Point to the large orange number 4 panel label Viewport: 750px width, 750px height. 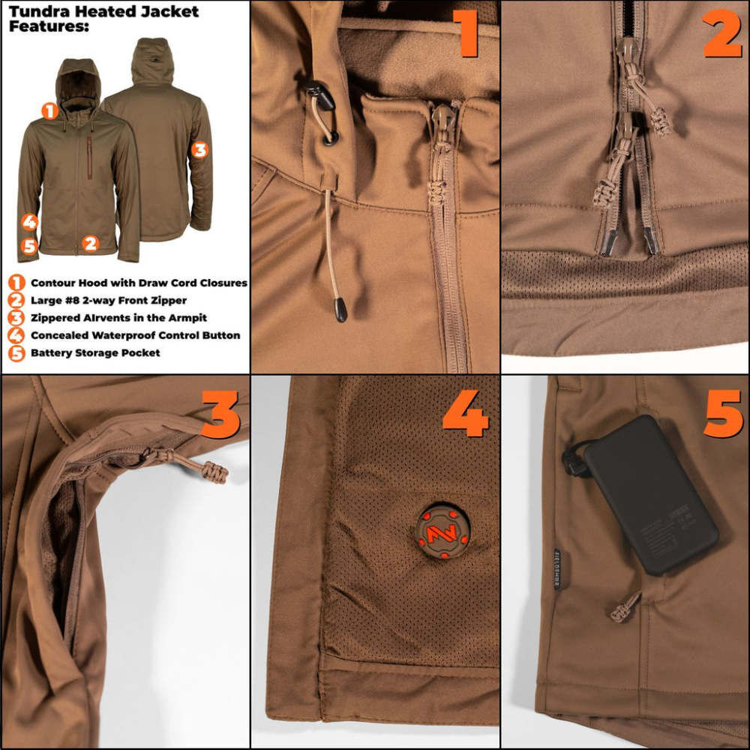(465, 415)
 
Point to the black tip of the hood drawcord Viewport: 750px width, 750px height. (340, 308)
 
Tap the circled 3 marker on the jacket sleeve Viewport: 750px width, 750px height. (199, 150)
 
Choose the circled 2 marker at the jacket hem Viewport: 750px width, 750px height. (90, 243)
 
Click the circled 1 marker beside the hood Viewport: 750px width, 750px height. (49, 112)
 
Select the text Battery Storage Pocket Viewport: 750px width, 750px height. (95, 352)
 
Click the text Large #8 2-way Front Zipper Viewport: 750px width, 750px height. (109, 301)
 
